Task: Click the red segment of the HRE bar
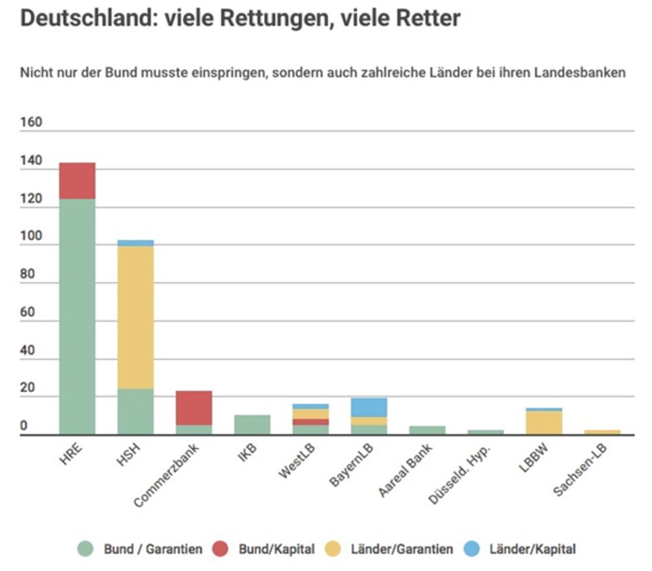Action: point(77,180)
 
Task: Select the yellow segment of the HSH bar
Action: point(135,317)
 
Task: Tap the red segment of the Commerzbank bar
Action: point(194,408)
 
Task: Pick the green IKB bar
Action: point(252,425)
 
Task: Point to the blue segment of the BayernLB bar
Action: point(369,407)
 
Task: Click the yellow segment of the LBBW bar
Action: point(543,422)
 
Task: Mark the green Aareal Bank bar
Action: point(427,430)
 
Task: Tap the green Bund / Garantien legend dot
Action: point(85,549)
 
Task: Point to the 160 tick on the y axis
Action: point(31,123)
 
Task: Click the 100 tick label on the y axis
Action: point(31,237)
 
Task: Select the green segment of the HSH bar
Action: point(135,411)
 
